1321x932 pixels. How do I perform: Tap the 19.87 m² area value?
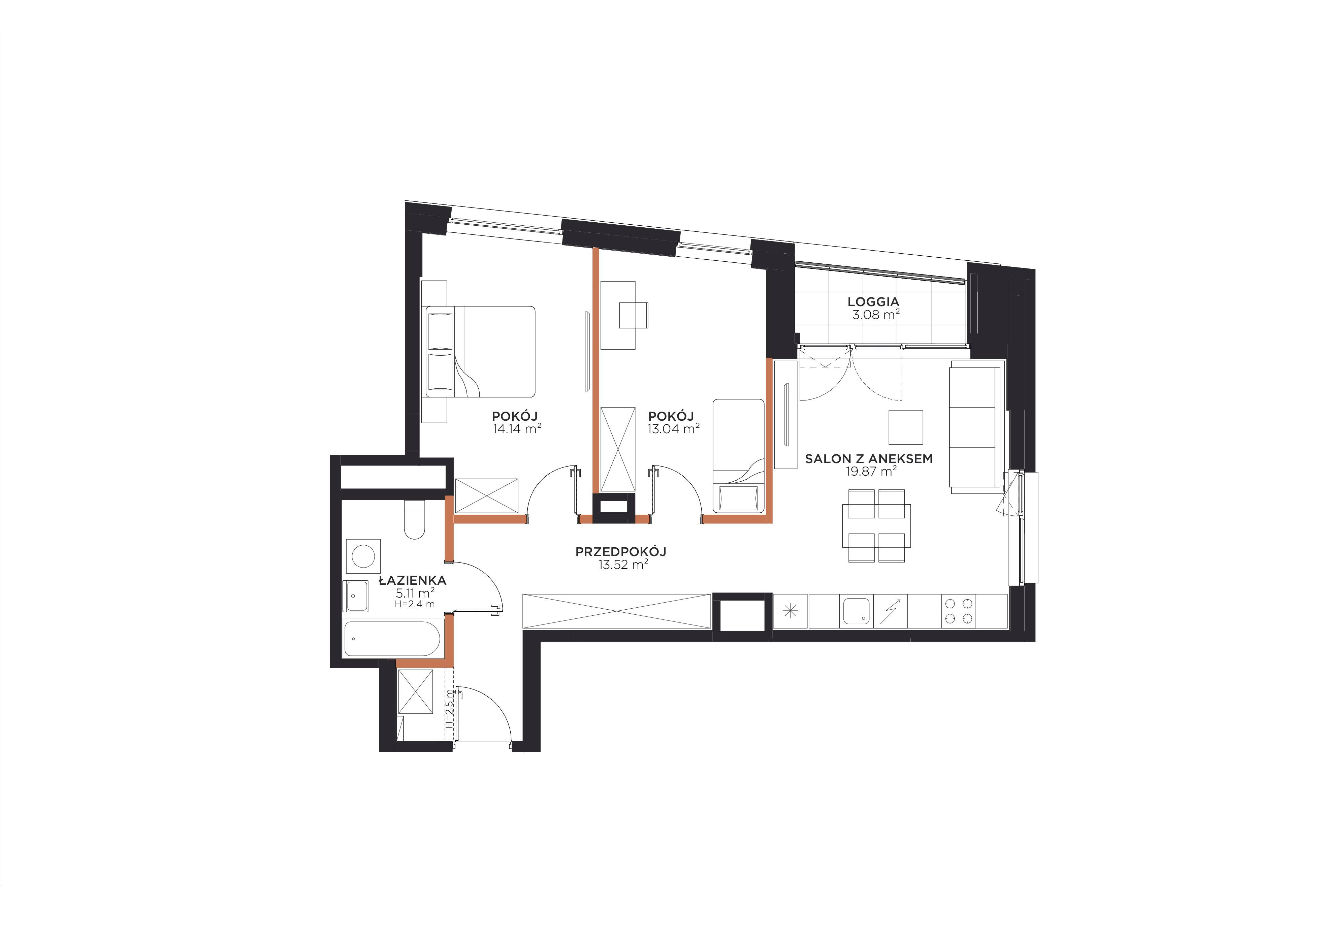point(871,472)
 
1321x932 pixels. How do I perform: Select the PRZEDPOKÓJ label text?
point(621,552)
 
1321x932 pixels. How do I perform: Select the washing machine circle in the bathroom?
point(363,556)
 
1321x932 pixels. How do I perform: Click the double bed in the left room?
point(480,352)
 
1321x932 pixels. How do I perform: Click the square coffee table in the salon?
point(906,427)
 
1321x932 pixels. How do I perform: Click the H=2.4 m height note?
point(414,604)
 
